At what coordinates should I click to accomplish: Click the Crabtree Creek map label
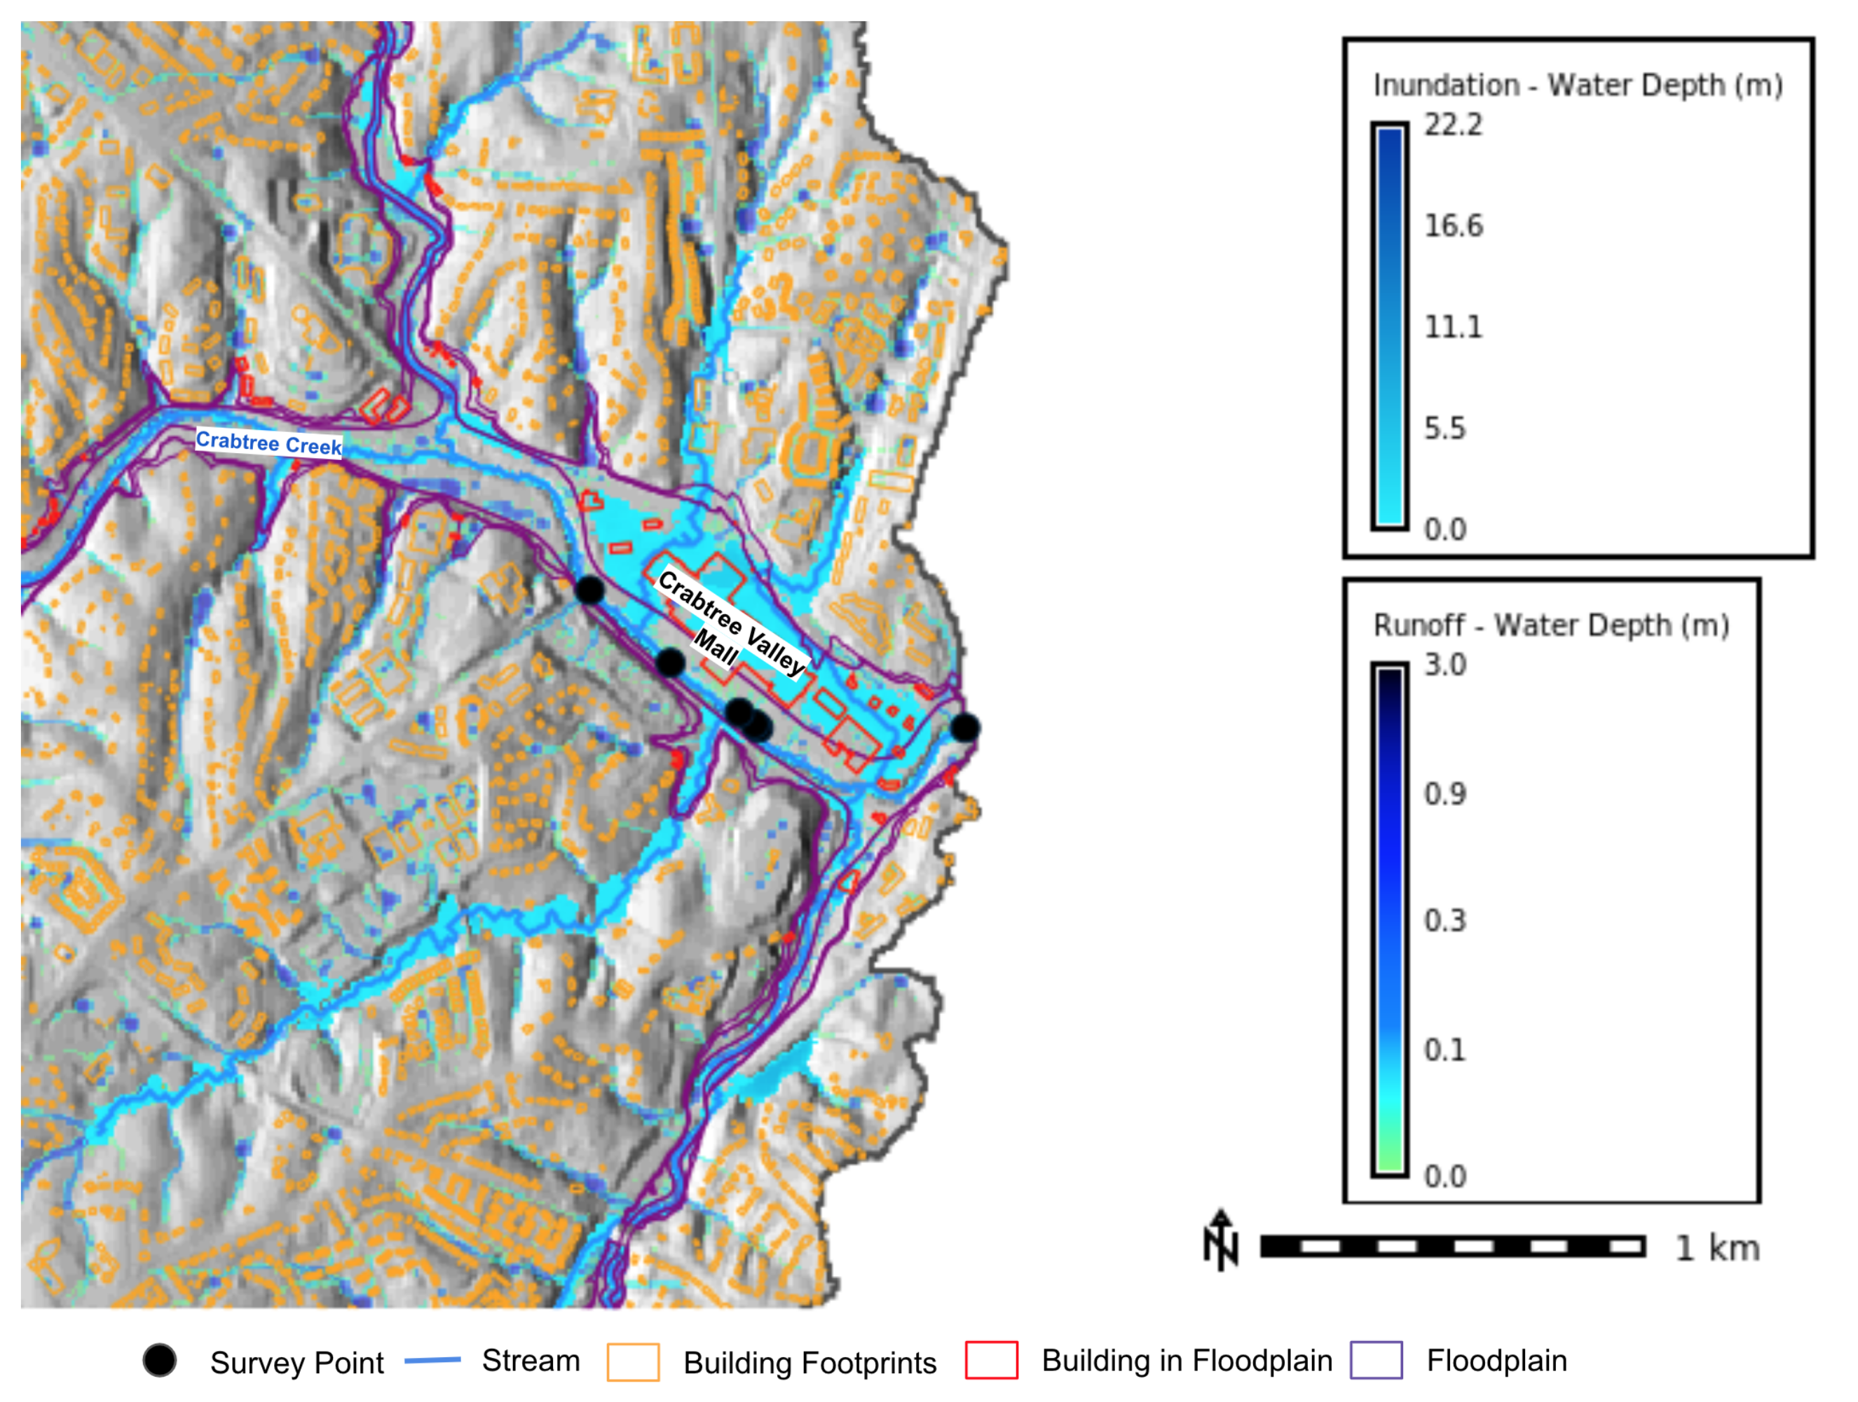pyautogui.click(x=269, y=443)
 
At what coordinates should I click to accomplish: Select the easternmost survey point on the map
pyautogui.click(x=964, y=727)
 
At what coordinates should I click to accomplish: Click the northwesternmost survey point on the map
pyautogui.click(x=589, y=590)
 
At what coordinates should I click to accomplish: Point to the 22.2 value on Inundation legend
pyautogui.click(x=1453, y=125)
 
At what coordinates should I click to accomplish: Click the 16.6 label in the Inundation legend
pyautogui.click(x=1453, y=225)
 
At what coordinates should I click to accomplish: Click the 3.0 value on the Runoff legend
pyautogui.click(x=1444, y=665)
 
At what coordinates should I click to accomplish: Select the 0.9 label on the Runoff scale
pyautogui.click(x=1444, y=793)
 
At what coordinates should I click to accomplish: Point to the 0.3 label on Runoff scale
pyautogui.click(x=1444, y=921)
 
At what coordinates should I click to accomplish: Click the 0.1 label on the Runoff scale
pyautogui.click(x=1444, y=1050)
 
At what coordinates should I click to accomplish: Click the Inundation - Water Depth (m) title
pyautogui.click(x=1578, y=85)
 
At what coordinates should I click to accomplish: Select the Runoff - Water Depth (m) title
pyautogui.click(x=1550, y=625)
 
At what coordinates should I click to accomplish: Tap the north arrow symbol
pyautogui.click(x=1220, y=1241)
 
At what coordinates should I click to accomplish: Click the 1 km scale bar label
pyautogui.click(x=1717, y=1249)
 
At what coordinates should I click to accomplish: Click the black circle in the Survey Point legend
pyautogui.click(x=160, y=1360)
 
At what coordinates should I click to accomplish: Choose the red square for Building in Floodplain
pyautogui.click(x=991, y=1360)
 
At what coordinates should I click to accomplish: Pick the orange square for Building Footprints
pyautogui.click(x=634, y=1361)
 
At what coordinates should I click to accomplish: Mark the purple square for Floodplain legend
pyautogui.click(x=1376, y=1360)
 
